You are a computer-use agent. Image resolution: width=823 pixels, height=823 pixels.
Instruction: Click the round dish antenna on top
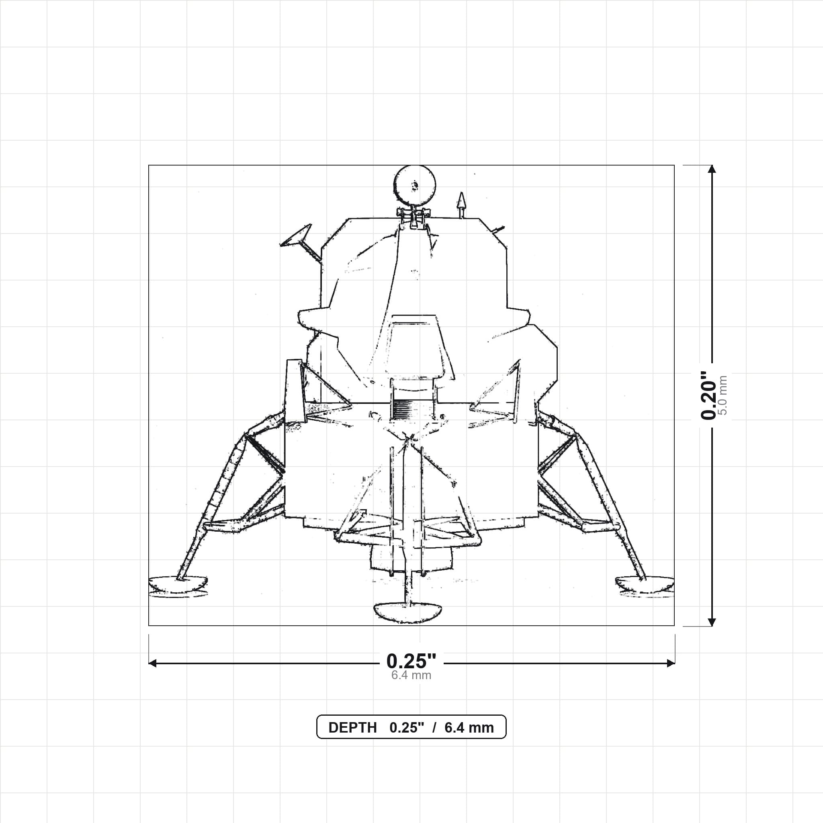click(414, 185)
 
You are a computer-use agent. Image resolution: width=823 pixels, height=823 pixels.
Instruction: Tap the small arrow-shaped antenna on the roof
click(461, 205)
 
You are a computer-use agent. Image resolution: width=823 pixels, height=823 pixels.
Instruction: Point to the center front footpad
click(407, 612)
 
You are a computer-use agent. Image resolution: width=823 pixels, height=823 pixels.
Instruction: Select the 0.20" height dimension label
click(709, 395)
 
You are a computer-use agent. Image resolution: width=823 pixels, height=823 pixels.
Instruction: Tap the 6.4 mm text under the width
click(411, 675)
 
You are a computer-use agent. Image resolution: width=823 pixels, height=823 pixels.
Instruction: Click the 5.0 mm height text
click(723, 395)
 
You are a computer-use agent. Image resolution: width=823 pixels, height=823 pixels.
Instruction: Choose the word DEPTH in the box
click(352, 728)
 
